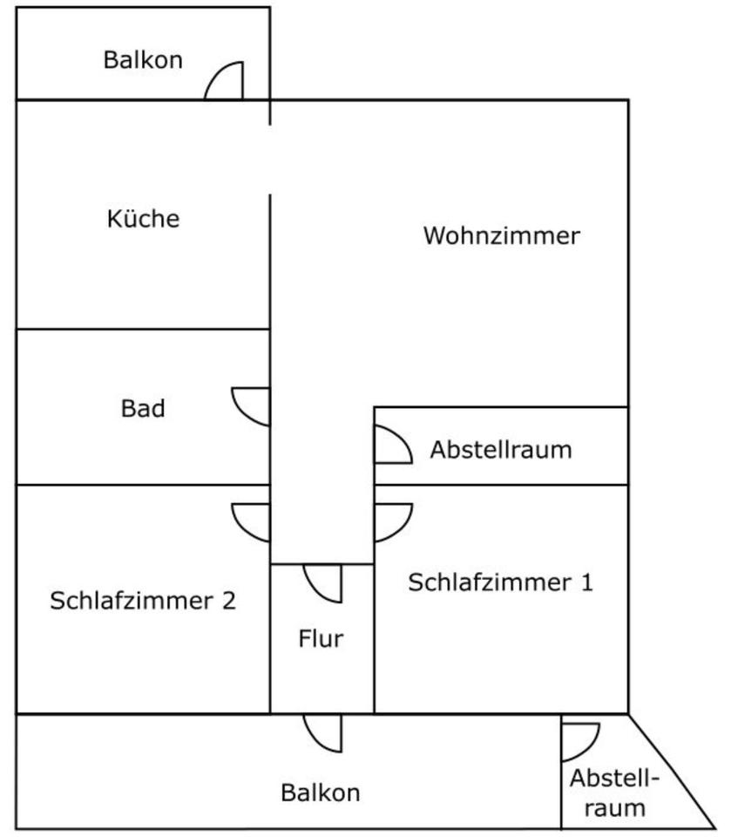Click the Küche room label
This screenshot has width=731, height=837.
coord(143,218)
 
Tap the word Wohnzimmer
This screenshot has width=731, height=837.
coord(501,235)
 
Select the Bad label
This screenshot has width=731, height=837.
coord(143,408)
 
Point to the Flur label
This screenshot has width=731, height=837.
coord(321,639)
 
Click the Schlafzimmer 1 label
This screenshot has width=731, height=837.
coord(500,582)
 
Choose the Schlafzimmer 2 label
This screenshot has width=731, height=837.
coord(143,601)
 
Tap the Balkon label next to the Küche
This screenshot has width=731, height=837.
coord(143,60)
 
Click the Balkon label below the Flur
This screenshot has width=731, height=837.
coord(320,793)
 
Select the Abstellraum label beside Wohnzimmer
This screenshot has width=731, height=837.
coord(501,450)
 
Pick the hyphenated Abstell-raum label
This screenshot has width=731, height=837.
coord(614,793)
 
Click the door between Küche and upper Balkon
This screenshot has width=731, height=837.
coord(226,82)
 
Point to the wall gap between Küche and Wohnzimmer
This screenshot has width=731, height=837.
coord(269,160)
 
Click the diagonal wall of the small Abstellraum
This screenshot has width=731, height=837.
coord(672,771)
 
